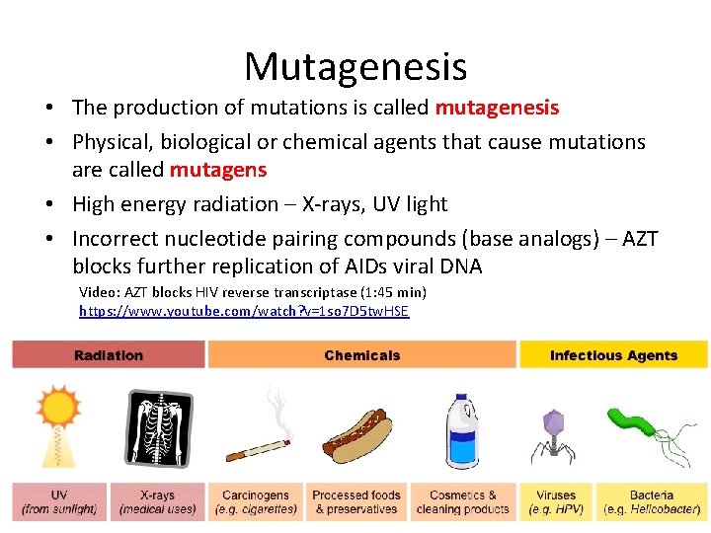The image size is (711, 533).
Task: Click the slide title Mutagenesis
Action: pos(355,67)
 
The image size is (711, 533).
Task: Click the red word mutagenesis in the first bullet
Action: pos(497,108)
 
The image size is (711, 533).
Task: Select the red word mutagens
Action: pos(218,170)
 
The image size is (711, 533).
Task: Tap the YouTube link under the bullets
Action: pos(244,311)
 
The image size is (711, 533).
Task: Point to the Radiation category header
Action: pos(109,355)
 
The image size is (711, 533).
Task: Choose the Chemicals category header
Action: pos(361,355)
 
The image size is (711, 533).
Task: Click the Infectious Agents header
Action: pos(613,355)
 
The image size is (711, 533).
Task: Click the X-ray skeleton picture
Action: pos(158,426)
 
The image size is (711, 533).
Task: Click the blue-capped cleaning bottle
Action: pos(462,429)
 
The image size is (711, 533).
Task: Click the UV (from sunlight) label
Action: pos(59,502)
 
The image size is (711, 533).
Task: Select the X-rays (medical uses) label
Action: pos(158,502)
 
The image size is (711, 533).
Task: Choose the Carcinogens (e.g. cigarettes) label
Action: pos(257,502)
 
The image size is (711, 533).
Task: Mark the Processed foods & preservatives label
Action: pos(356,502)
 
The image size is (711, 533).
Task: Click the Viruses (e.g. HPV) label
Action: pos(556,502)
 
